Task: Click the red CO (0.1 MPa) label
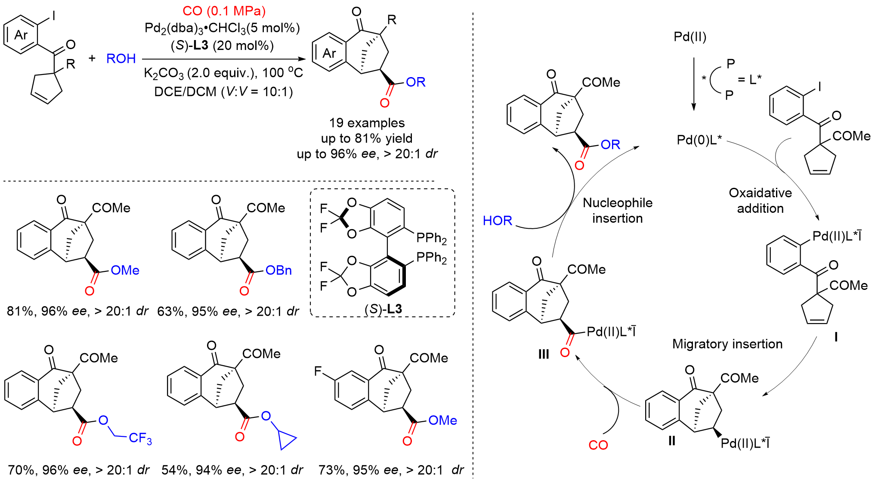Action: [x=224, y=11]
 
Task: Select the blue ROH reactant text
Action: [x=121, y=59]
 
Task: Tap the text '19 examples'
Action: [x=367, y=123]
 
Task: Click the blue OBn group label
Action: [x=278, y=271]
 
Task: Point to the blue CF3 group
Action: [x=140, y=438]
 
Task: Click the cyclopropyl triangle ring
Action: [x=286, y=441]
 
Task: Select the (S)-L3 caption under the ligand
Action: [x=383, y=309]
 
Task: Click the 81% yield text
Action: [x=19, y=311]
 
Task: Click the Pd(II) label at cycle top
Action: [x=690, y=37]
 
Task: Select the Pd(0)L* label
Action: [x=699, y=140]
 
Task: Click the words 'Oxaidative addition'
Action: [x=760, y=200]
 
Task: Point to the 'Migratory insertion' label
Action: [x=727, y=344]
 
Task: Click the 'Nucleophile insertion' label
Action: [x=617, y=211]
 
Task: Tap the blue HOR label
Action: [x=497, y=221]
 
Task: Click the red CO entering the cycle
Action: [x=598, y=445]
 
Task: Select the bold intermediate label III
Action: [x=544, y=354]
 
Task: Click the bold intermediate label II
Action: [x=671, y=441]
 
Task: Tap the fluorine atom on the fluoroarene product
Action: [x=318, y=371]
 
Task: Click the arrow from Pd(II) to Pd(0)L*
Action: [x=693, y=84]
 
